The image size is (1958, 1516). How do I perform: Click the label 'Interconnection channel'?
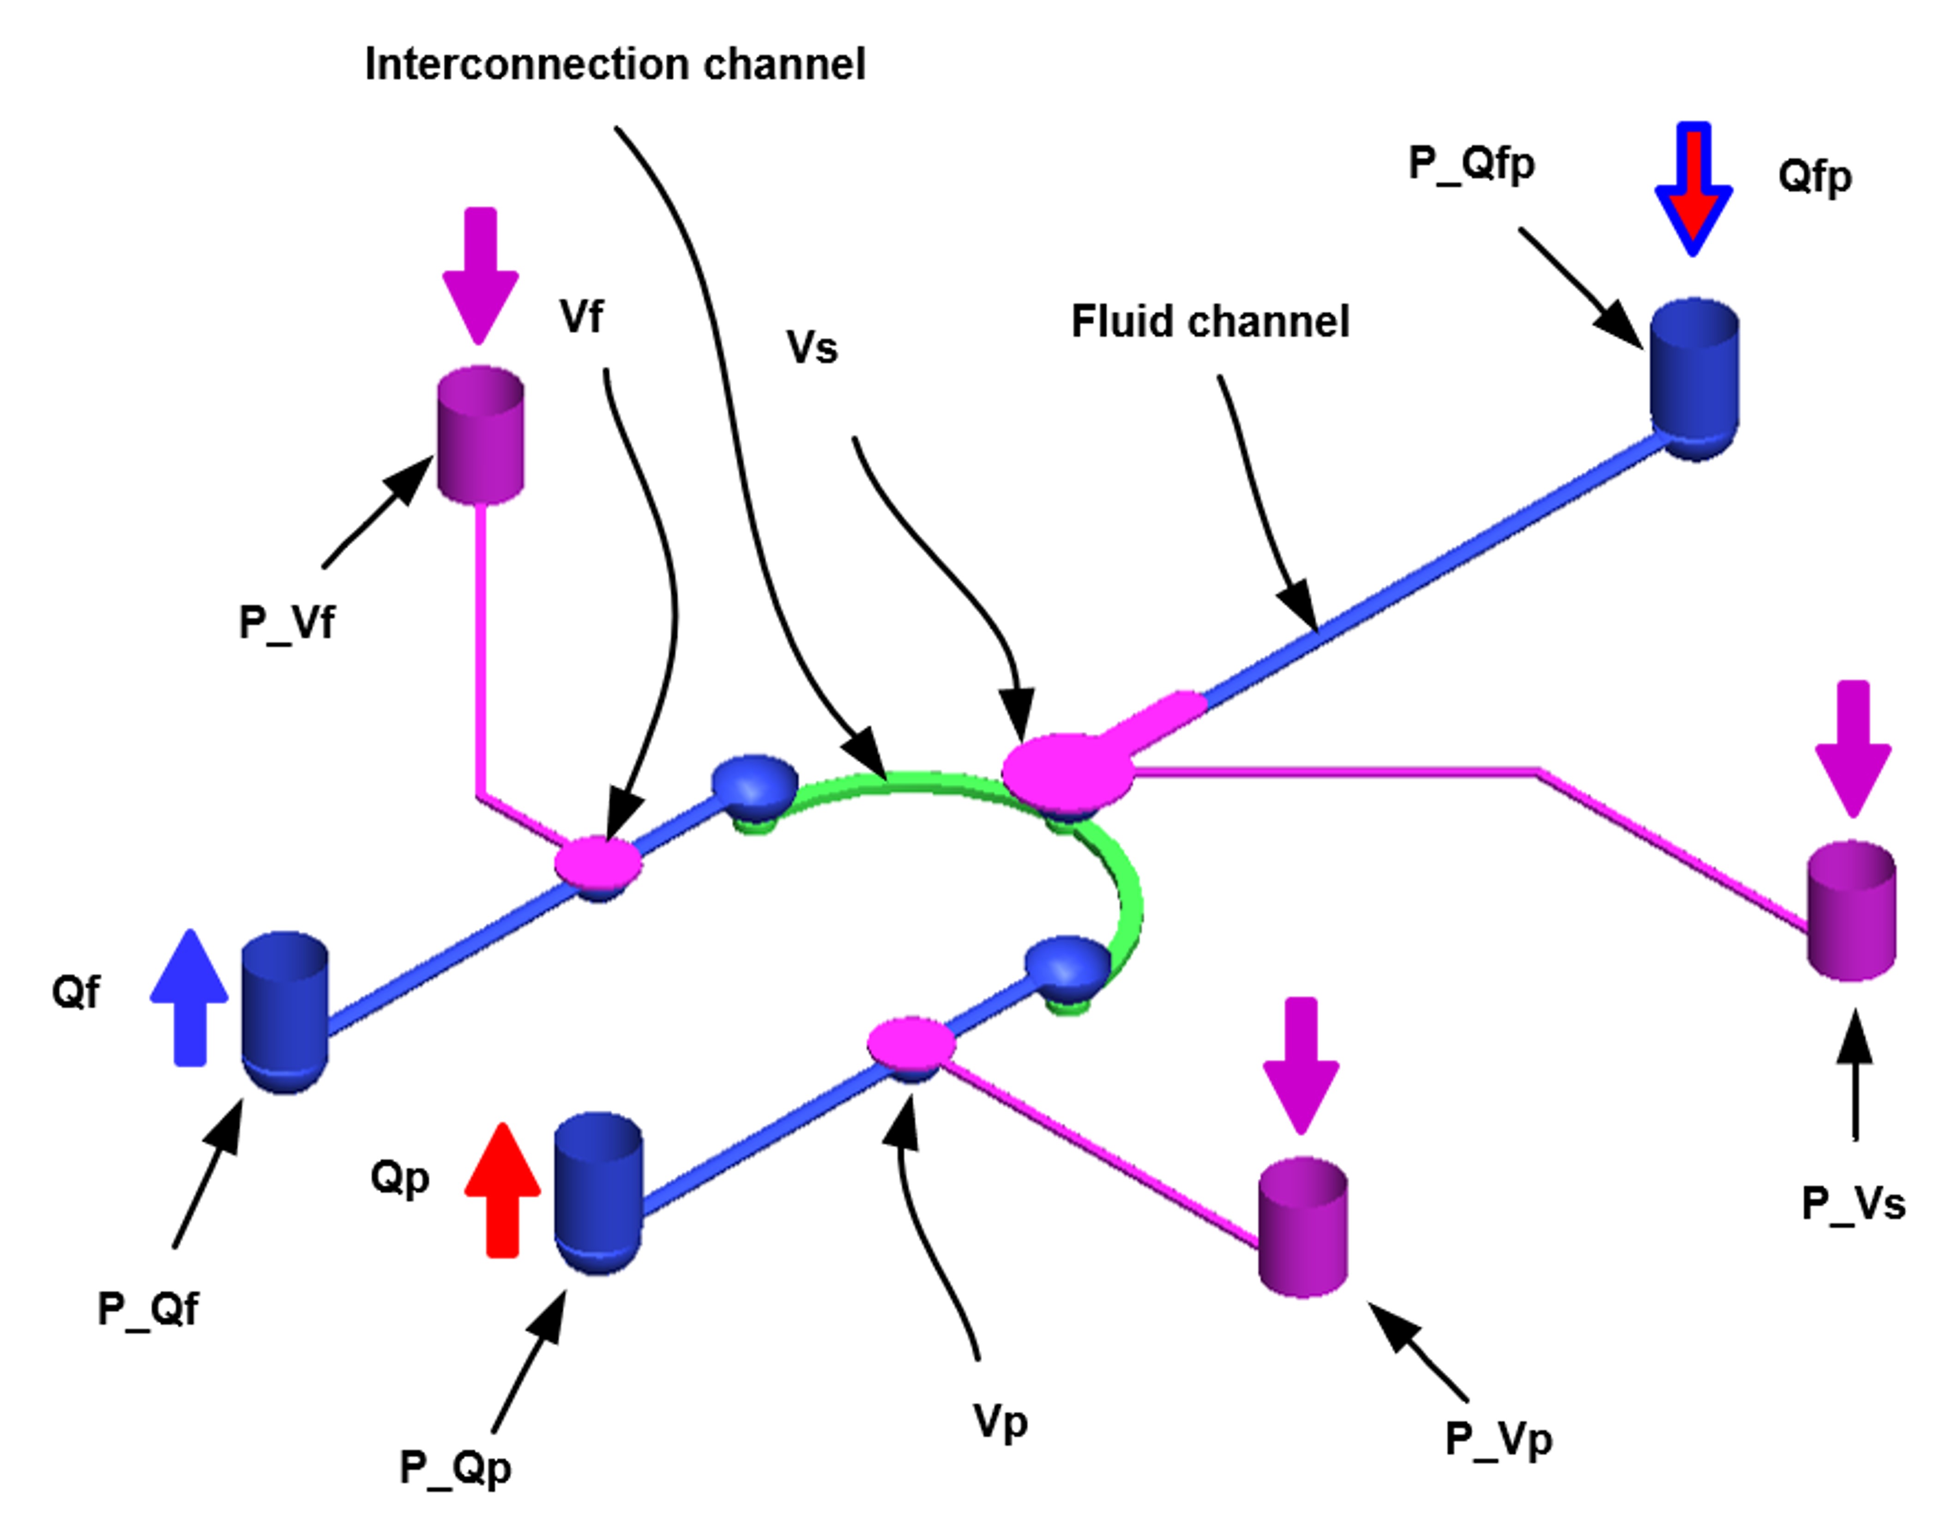point(615,65)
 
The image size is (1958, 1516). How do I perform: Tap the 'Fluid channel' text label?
point(1210,322)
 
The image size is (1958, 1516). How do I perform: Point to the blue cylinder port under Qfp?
point(1694,376)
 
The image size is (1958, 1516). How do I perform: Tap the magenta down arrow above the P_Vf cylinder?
point(481,273)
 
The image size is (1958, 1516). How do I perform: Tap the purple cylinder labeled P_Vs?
point(1851,910)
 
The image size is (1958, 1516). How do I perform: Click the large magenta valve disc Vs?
point(1067,771)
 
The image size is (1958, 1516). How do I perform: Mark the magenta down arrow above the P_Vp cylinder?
point(1301,1064)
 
